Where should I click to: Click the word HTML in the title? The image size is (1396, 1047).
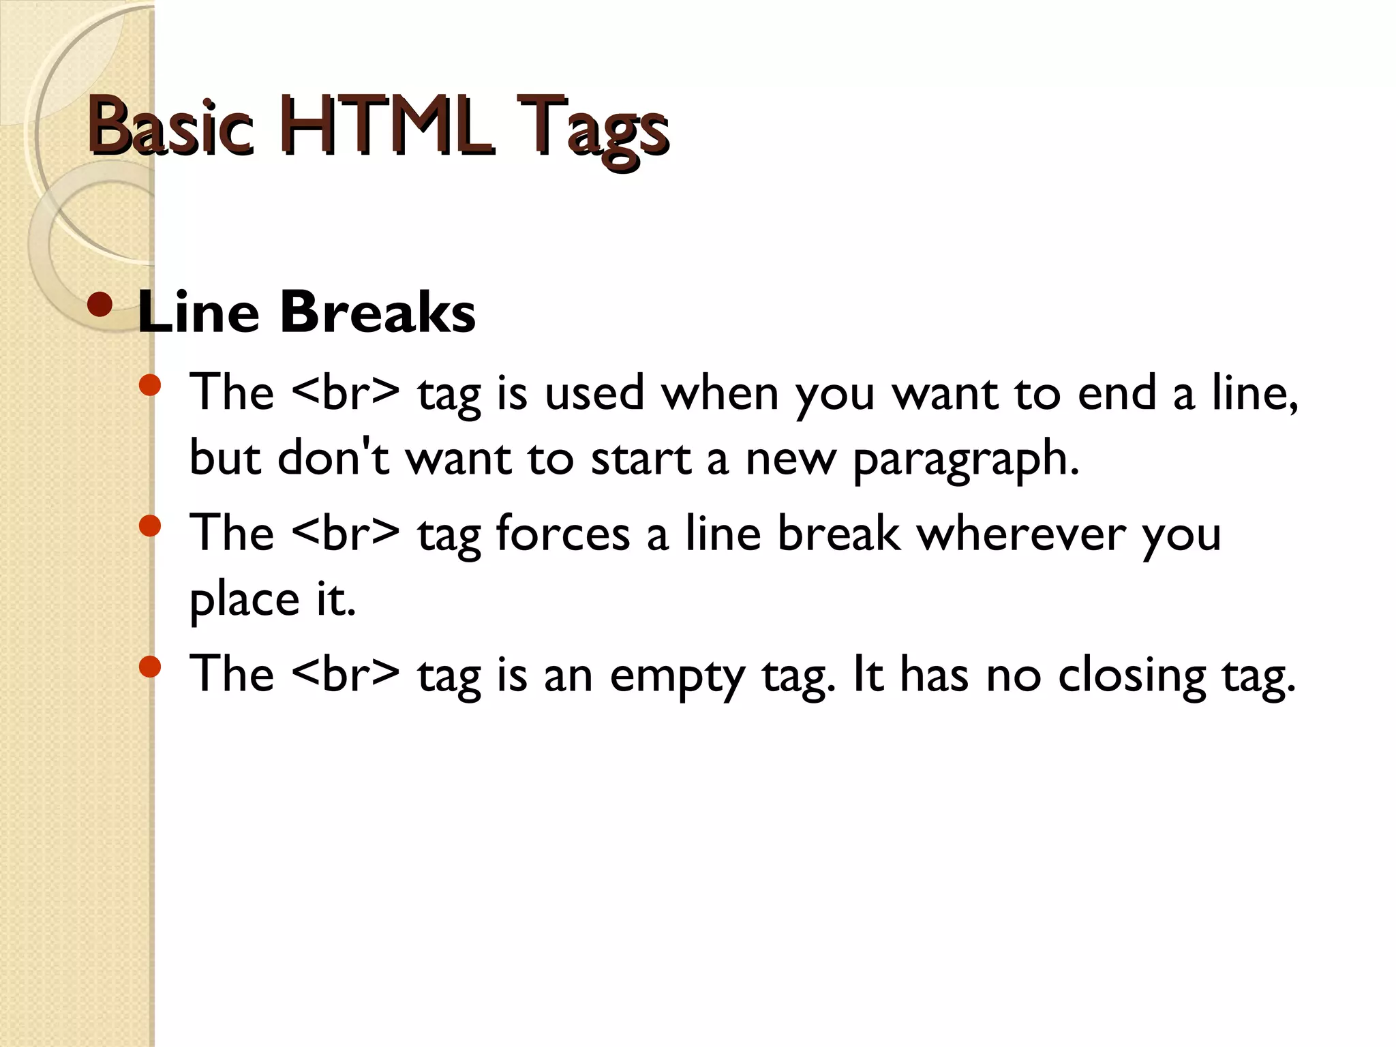[385, 126]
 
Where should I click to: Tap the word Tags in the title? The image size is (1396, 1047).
[592, 130]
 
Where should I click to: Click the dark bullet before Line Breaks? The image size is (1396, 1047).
[100, 305]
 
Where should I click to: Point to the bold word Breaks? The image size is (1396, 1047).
[377, 312]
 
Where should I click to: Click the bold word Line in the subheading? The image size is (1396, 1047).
[198, 312]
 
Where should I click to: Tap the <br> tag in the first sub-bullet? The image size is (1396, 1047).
[346, 393]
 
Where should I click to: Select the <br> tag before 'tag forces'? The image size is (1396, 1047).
[346, 533]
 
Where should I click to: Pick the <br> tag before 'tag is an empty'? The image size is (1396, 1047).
[346, 673]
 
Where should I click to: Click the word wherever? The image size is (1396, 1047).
[1020, 533]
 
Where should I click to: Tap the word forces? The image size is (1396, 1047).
[562, 533]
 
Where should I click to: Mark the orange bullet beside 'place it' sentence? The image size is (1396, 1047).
[149, 526]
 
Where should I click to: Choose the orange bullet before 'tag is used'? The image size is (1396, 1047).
[149, 386]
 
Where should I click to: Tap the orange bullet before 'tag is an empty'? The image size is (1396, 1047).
[149, 667]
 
